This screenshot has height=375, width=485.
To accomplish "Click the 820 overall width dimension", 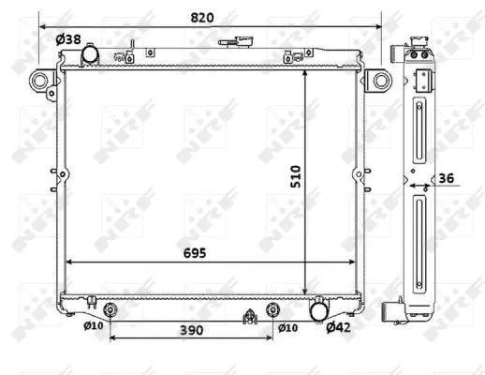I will tap(211, 17).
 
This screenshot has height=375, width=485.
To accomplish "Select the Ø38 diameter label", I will tap(67, 39).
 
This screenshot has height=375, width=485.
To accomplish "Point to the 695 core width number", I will tap(194, 253).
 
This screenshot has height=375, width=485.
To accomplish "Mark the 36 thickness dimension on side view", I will tap(448, 178).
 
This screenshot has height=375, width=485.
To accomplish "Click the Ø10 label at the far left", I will tap(93, 326).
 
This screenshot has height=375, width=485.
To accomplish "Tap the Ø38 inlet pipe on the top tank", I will tap(91, 55).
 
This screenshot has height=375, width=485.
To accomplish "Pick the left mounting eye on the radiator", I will tap(40, 81).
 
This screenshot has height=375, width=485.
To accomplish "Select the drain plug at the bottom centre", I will tap(250, 316).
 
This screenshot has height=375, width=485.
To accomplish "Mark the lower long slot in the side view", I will tap(418, 234).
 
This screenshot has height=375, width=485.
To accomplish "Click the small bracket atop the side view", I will tap(422, 77).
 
